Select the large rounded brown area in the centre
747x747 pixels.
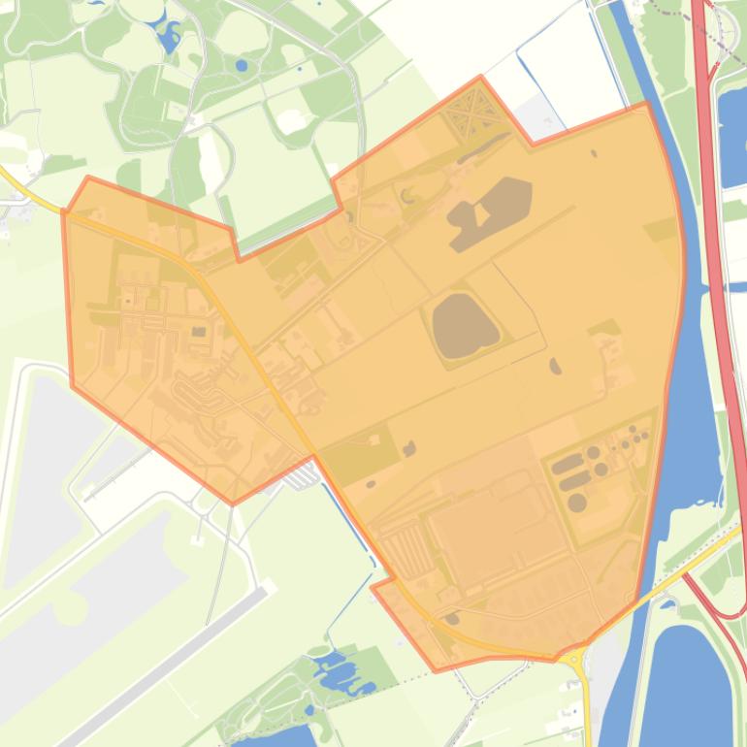463,325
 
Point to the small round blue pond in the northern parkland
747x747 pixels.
241,66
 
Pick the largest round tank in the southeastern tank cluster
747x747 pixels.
576,502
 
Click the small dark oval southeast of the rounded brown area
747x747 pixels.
555,366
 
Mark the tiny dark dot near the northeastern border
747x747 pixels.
594,153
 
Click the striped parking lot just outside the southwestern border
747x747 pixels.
307,476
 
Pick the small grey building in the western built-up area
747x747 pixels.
199,332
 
